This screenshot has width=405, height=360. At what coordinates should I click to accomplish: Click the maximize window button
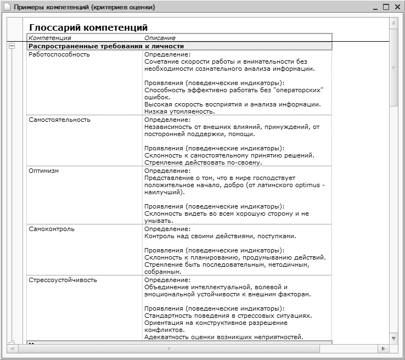tap(386, 7)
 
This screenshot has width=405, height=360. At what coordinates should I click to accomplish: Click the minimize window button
tap(375, 7)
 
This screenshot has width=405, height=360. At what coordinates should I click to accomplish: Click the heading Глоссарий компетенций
tap(88, 27)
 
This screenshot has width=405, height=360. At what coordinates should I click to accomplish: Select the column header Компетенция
tap(50, 38)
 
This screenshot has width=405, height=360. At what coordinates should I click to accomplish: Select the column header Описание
tap(160, 38)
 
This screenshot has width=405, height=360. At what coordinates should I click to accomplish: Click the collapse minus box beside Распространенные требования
tap(12, 47)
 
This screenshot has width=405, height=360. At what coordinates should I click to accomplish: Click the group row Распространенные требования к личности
tap(106, 47)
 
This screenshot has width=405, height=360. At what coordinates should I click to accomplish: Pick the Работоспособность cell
tap(59, 54)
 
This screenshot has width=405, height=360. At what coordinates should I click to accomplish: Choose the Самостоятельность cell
tap(60, 120)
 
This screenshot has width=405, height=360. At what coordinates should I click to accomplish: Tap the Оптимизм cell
tap(44, 171)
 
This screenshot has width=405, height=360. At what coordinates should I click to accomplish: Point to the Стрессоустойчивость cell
tap(63, 280)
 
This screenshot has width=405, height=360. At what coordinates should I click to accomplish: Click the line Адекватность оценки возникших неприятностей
tap(224, 337)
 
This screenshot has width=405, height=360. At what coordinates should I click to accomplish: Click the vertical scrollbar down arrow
tap(393, 337)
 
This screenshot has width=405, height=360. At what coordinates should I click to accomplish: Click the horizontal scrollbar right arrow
tap(384, 348)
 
